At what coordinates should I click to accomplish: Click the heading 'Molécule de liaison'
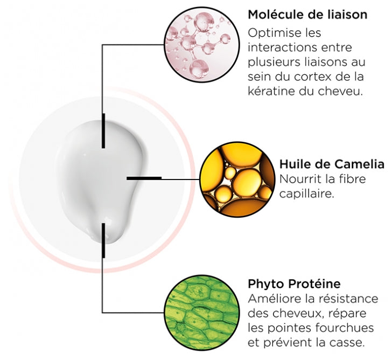pyautogui.click(x=307, y=15)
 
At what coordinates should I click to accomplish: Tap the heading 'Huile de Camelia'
pyautogui.click(x=332, y=164)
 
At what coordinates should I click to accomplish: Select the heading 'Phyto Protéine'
pyautogui.click(x=294, y=284)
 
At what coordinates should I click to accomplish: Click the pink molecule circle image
pyautogui.click(x=202, y=45)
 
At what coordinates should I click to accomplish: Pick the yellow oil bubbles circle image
pyautogui.click(x=237, y=179)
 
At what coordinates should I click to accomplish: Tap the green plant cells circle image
pyautogui.click(x=202, y=313)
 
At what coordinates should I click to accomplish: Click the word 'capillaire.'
pyautogui.click(x=307, y=194)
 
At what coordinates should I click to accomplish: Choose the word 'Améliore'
pyautogui.click(x=274, y=299)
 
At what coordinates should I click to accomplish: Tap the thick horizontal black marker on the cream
pyautogui.click(x=144, y=178)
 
